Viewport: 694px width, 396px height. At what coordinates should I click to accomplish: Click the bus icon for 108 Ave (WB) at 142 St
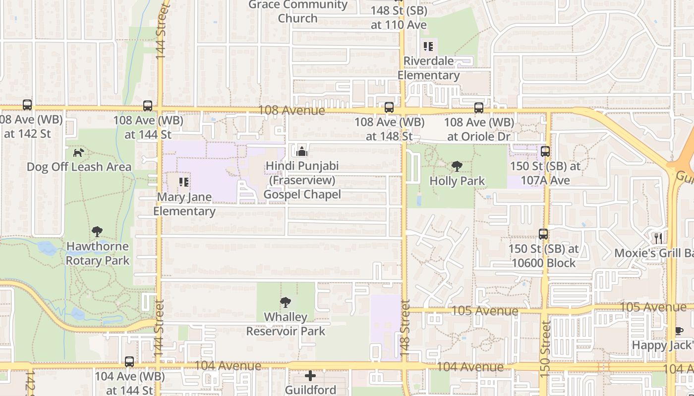point(27,105)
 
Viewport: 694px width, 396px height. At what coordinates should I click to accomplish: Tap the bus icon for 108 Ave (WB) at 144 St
point(148,105)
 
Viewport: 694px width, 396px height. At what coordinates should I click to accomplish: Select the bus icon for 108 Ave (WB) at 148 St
point(389,107)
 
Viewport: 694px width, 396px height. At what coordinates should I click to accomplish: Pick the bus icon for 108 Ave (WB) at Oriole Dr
point(479,107)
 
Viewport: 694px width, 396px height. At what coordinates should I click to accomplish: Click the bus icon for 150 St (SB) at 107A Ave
point(545,151)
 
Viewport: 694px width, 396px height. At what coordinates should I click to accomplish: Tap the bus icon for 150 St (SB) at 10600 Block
point(543,234)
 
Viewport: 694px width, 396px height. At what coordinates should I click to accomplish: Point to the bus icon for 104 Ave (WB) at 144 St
point(129,361)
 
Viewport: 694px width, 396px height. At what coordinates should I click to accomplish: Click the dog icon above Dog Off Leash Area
point(78,152)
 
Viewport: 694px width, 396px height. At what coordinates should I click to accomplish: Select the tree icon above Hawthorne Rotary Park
point(97,231)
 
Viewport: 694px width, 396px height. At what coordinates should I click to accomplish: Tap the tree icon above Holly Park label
point(457,166)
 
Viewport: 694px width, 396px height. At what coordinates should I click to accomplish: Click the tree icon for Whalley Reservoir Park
point(286,302)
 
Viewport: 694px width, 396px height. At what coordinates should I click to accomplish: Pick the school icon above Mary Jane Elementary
point(184,182)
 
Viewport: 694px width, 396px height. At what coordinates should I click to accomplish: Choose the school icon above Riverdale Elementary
point(428,47)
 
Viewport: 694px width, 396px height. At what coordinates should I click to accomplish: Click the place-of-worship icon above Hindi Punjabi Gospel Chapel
point(301,151)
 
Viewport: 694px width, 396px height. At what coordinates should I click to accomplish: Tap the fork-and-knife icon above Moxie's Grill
point(658,238)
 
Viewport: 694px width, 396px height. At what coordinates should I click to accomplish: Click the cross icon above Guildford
point(310,376)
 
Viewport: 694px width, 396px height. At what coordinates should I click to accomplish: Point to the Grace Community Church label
point(298,11)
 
